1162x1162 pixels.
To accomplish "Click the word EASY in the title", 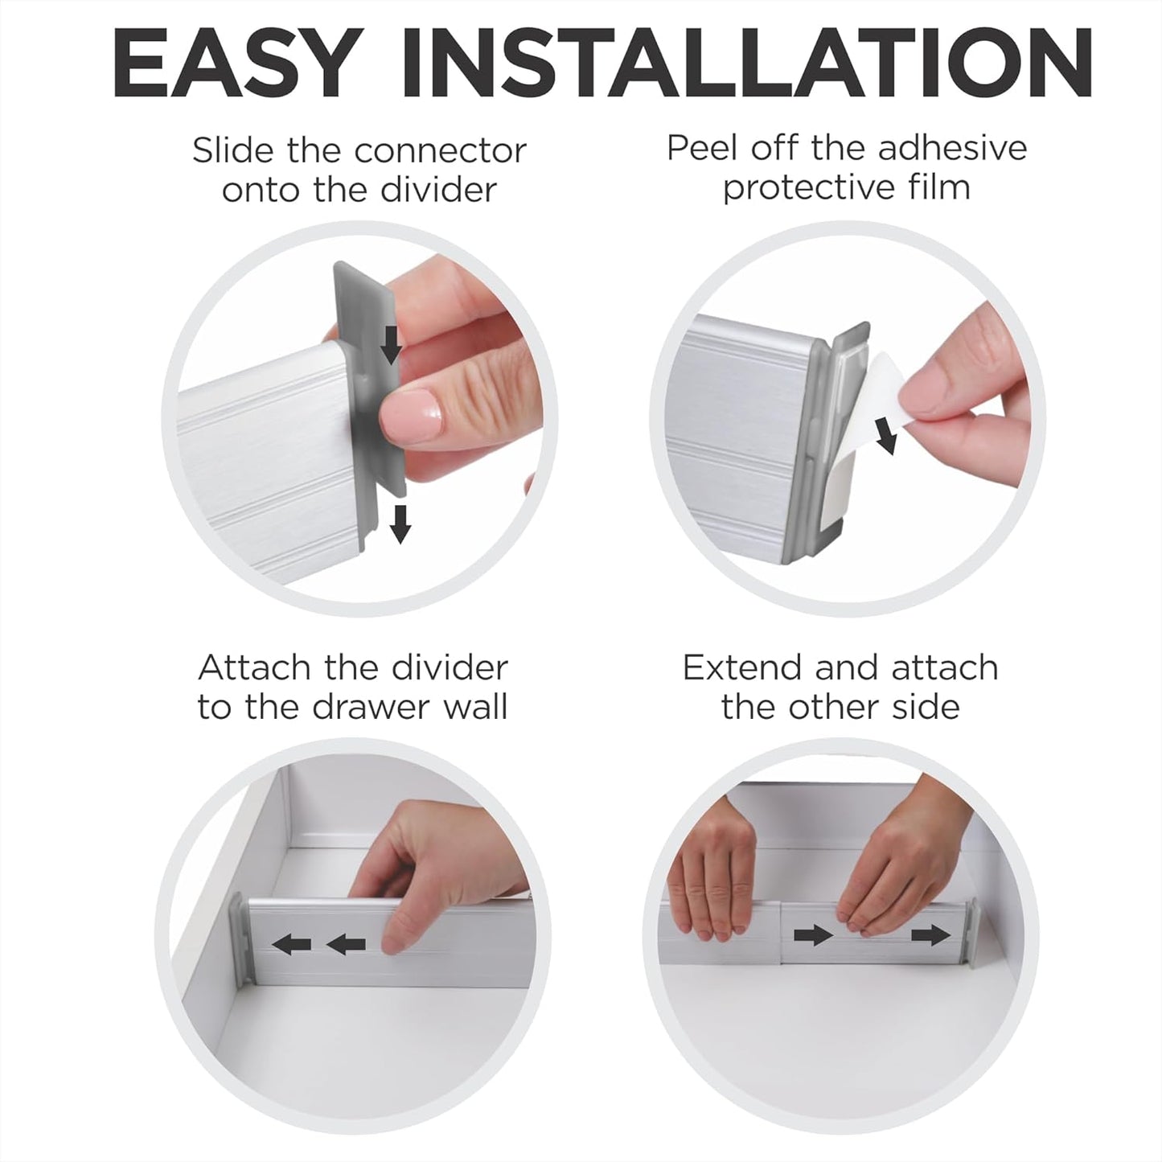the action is [233, 62].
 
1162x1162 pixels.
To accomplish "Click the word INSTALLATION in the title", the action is [746, 62].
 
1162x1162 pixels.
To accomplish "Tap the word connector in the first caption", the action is [429, 150].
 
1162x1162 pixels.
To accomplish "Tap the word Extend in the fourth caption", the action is [742, 667].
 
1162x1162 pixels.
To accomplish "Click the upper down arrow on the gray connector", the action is [392, 344].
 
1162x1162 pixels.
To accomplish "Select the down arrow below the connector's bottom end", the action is [400, 524].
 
